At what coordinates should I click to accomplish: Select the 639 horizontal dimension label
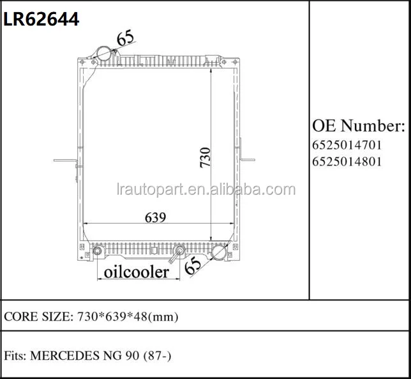155,217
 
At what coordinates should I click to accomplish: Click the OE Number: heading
359,124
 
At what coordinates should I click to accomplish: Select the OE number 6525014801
347,161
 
